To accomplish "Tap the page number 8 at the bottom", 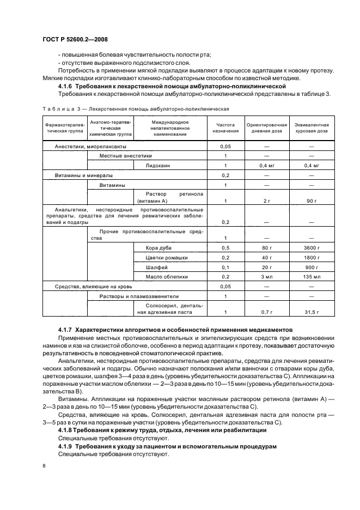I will coord(44,466).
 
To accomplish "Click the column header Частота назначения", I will coord(225,128).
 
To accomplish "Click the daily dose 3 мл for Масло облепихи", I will coord(266,277).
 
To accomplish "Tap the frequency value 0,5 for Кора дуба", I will coord(225,248).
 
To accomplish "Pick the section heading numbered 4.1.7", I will coord(175,330).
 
